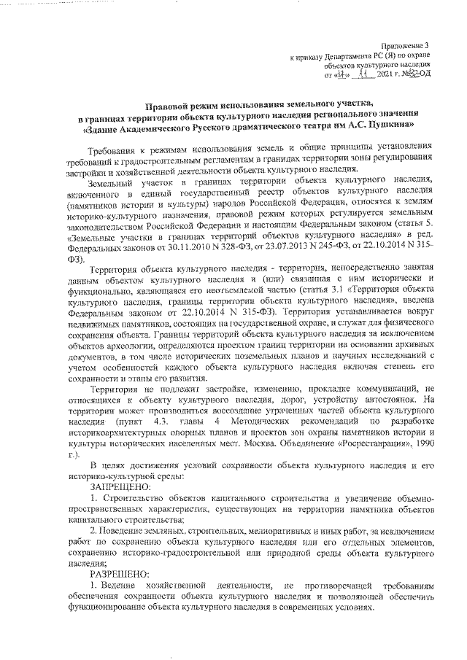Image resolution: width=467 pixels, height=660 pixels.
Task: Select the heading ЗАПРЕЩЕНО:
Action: tap(121, 486)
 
